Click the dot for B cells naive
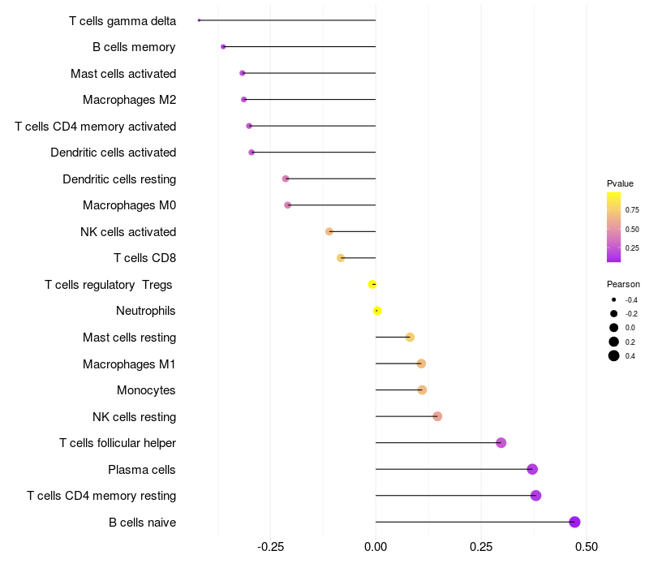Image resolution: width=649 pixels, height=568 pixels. (574, 522)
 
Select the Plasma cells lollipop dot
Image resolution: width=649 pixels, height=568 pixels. (532, 469)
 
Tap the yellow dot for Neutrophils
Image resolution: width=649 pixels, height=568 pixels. (377, 311)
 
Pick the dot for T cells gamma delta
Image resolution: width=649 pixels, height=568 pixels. (199, 20)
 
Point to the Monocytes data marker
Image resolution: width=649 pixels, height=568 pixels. (422, 390)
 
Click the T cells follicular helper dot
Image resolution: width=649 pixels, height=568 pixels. (501, 443)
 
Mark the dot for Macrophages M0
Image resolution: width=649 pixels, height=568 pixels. (288, 205)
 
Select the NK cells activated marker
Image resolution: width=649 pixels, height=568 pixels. (329, 232)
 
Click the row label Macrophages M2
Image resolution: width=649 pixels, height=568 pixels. (129, 100)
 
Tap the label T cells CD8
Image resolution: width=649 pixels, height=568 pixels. (144, 258)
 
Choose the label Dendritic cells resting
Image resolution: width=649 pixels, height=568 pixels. (119, 179)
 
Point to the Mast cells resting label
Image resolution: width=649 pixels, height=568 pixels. (129, 338)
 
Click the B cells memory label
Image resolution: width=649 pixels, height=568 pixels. (134, 47)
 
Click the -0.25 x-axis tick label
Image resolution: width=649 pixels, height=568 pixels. (270, 547)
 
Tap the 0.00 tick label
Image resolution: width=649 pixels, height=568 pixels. (376, 547)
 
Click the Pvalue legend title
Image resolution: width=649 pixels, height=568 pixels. (620, 183)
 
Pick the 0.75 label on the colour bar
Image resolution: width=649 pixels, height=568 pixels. (632, 209)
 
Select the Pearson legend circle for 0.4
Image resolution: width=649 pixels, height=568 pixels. (614, 355)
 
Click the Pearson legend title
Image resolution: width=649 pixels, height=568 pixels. (623, 285)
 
